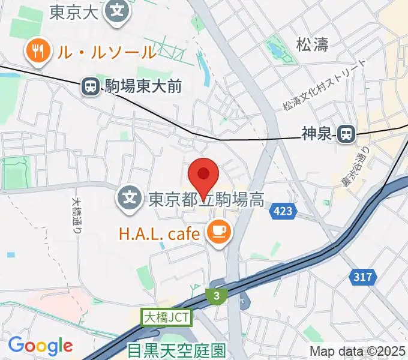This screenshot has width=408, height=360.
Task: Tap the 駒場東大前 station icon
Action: pyautogui.click(x=91, y=87)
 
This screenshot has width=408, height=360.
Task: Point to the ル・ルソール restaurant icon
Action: pyautogui.click(x=38, y=52)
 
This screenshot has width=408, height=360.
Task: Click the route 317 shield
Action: pyautogui.click(x=363, y=277)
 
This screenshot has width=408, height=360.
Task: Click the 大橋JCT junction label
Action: pyautogui.click(x=167, y=317)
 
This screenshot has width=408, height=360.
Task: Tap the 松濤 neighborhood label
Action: pyautogui.click(x=312, y=44)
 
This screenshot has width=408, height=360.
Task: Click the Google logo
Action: pyautogui.click(x=40, y=346)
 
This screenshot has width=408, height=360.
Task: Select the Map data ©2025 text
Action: pyautogui.click(x=358, y=352)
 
